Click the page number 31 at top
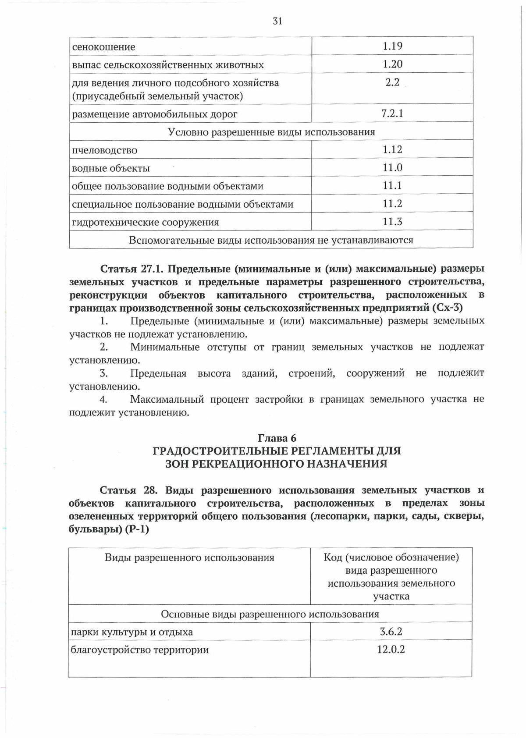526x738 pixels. point(277,21)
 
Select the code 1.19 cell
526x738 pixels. point(392,46)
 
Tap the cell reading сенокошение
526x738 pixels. point(104,47)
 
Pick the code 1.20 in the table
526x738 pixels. point(392,64)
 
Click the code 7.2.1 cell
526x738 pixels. point(392,114)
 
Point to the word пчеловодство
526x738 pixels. point(105,150)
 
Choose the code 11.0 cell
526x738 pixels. point(392,167)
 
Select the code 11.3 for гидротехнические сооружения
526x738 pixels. point(392,222)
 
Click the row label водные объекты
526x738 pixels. point(111,168)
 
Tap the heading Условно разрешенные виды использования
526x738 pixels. point(271,132)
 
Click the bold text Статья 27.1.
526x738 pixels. point(131,268)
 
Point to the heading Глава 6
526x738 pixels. point(277,438)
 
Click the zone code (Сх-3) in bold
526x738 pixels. point(447,308)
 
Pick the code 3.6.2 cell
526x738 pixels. point(391,632)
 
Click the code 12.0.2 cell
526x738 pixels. point(391,649)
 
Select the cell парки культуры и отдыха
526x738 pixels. point(132,632)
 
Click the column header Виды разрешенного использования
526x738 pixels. point(189,557)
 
